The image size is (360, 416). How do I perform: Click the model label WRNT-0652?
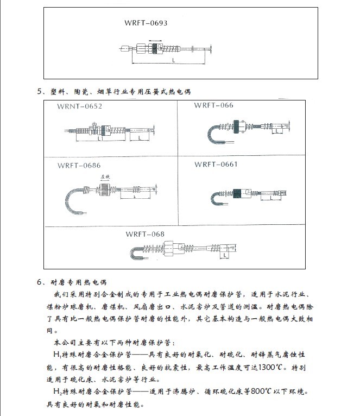tap(79, 106)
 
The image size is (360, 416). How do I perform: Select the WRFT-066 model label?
tap(213, 105)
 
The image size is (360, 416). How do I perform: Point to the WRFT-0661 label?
tap(216, 164)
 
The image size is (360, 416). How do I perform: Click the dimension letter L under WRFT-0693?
tap(172, 61)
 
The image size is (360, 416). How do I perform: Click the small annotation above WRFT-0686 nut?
tap(105, 178)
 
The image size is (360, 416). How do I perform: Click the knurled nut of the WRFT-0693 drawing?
tap(158, 49)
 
